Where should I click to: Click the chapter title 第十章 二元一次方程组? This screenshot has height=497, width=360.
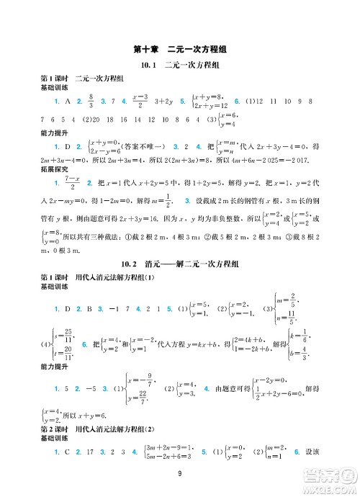(x=180, y=49)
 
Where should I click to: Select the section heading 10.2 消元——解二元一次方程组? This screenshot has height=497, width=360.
(x=180, y=264)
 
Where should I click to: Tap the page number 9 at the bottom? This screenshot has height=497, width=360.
(x=180, y=473)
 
